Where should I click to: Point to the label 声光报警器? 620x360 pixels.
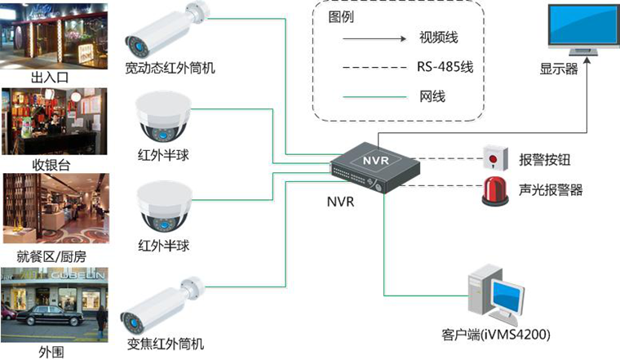(x=551, y=189)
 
